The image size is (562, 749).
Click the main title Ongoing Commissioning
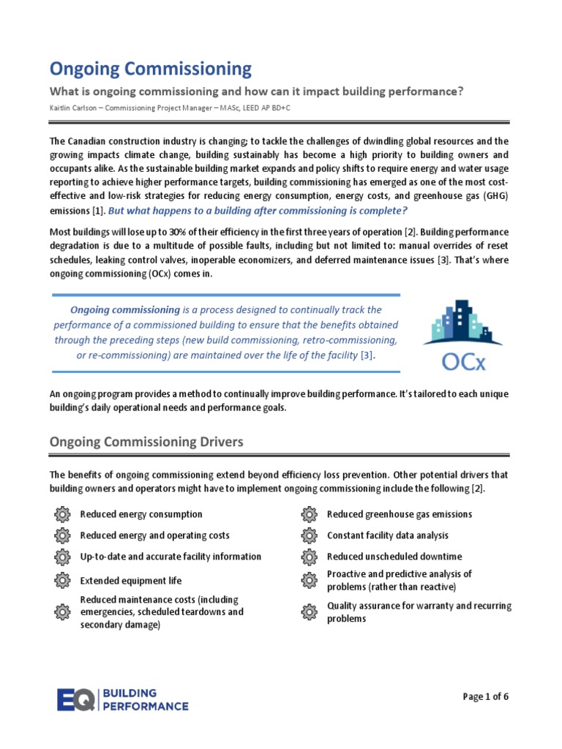[x=150, y=69]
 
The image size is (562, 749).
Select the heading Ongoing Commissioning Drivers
[x=146, y=442]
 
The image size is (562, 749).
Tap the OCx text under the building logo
[x=462, y=361]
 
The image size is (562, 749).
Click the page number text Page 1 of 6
[x=485, y=696]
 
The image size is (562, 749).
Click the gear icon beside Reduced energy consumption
[x=62, y=514]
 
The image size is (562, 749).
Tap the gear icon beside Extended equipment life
[x=62, y=581]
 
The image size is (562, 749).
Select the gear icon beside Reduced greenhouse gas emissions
[x=310, y=514]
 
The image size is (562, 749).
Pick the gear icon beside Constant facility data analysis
[x=310, y=535]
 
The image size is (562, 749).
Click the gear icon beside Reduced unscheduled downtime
[x=310, y=557]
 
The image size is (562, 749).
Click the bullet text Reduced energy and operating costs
[x=154, y=535]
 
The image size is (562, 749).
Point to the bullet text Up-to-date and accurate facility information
[x=170, y=557]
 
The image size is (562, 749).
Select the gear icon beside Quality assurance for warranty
[x=310, y=611]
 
